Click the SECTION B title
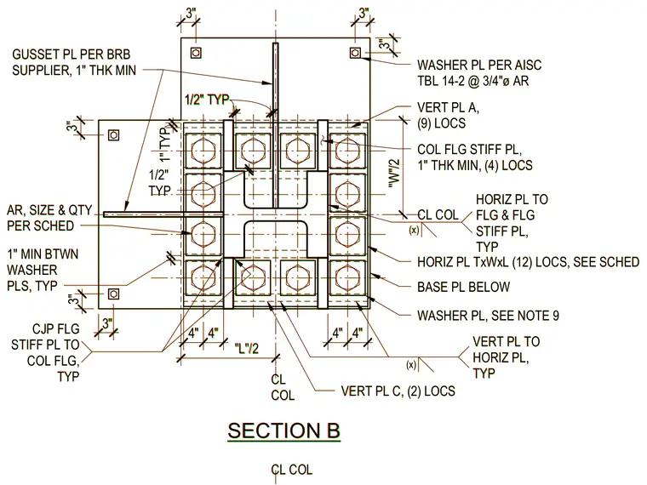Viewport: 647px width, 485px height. tap(283, 431)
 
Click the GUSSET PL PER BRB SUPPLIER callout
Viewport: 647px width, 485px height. tap(74, 62)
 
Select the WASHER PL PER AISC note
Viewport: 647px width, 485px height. tap(479, 72)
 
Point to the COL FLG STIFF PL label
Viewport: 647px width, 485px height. tap(474, 157)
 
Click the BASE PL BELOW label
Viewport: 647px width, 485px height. tap(463, 287)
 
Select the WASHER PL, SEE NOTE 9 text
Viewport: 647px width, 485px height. tap(488, 316)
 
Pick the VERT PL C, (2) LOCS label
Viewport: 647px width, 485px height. tap(398, 391)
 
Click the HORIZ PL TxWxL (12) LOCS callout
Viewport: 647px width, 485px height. tap(528, 262)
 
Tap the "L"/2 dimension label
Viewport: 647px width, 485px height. tap(246, 349)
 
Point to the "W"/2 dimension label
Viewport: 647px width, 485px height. tap(394, 174)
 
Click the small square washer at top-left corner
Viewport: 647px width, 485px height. tap(196, 53)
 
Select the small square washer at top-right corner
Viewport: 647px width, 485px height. tap(355, 53)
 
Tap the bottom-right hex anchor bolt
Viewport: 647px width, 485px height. tap(347, 277)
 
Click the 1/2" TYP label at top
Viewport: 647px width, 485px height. tap(207, 100)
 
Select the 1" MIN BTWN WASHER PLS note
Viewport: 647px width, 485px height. tap(43, 270)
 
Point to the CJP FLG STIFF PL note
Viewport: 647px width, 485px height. tap(45, 352)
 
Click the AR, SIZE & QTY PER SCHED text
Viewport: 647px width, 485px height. tap(49, 218)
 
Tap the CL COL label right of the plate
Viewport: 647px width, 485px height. tap(438, 215)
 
